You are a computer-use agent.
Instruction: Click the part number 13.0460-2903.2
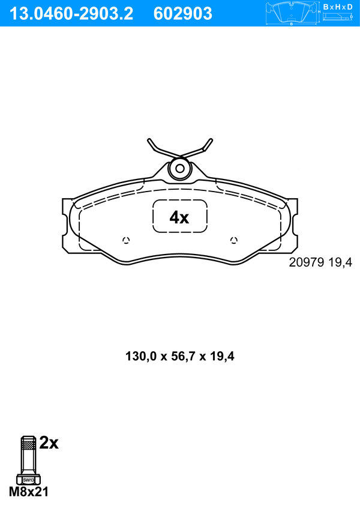[71, 14]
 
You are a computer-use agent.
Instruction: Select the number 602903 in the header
[183, 14]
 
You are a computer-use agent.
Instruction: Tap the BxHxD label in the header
[338, 7]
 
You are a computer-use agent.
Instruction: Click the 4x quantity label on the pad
[179, 218]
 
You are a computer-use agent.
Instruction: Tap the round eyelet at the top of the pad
[180, 169]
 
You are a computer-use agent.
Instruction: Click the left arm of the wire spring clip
[160, 149]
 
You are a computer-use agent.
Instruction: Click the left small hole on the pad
[126, 240]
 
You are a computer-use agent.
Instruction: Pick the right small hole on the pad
[234, 240]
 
